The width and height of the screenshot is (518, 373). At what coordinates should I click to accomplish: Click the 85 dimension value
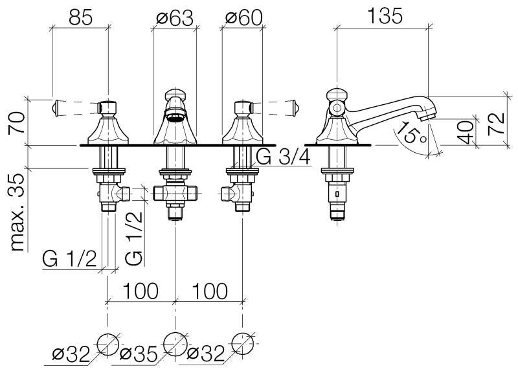pyautogui.click(x=80, y=17)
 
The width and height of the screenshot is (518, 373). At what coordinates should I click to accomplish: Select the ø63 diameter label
pyautogui.click(x=175, y=17)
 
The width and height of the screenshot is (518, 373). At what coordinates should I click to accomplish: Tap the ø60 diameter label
pyautogui.click(x=244, y=17)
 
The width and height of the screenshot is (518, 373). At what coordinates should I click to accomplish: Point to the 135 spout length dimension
pyautogui.click(x=385, y=16)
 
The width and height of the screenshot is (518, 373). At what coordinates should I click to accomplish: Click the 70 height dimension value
pyautogui.click(x=17, y=122)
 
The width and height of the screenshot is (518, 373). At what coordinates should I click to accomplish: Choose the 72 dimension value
pyautogui.click(x=496, y=124)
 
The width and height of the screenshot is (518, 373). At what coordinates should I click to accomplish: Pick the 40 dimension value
pyautogui.click(x=466, y=133)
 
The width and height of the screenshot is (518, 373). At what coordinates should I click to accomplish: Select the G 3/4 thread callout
pyautogui.click(x=284, y=157)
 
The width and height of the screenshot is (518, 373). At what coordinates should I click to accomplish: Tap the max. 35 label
pyautogui.click(x=17, y=212)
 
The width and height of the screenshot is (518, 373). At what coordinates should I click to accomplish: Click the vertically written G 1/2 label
pyautogui.click(x=134, y=238)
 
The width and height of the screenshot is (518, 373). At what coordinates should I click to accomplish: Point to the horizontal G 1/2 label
pyautogui.click(x=70, y=258)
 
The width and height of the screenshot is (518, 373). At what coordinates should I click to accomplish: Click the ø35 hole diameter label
pyautogui.click(x=139, y=354)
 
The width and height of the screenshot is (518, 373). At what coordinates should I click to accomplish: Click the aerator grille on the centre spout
pyautogui.click(x=175, y=117)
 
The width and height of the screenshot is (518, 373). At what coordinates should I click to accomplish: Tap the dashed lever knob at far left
pyautogui.click(x=55, y=107)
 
